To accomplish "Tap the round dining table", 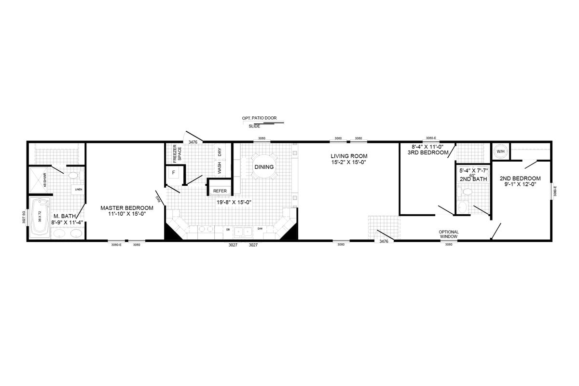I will tap(264, 167).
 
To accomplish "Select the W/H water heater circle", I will tap(500, 152).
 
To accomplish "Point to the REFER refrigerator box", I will tap(220, 190).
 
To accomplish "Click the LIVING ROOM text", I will tap(349, 156).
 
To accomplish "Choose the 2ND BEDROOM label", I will tap(520, 179).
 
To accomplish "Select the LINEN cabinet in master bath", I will tap(78, 189).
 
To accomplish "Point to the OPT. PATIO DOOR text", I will tap(260, 118).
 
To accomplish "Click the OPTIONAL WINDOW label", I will tap(448, 234).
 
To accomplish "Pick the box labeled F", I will tap(173, 172).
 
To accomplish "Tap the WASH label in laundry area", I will tap(220, 168).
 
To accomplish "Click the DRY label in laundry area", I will tap(220, 152).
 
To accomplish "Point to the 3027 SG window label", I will tap(23, 220).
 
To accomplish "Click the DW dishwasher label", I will tap(260, 229).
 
